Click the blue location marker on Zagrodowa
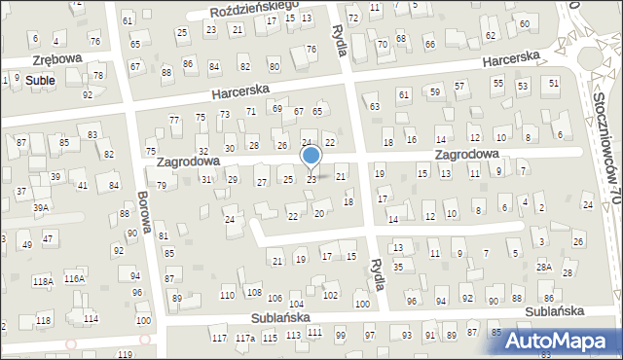tap(311, 156)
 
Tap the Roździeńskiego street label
tap(255, 8)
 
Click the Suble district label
tap(40, 80)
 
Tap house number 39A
tap(40, 207)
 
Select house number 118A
tap(42, 281)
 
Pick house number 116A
tap(75, 279)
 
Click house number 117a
tap(245, 338)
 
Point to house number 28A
tap(543, 267)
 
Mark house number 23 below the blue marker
tap(311, 180)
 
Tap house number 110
tap(227, 295)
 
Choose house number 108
tap(253, 292)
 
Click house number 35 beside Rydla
tap(397, 266)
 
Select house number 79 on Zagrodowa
tap(161, 185)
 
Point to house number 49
tap(27, 244)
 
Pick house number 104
tap(296, 306)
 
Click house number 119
tap(126, 355)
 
